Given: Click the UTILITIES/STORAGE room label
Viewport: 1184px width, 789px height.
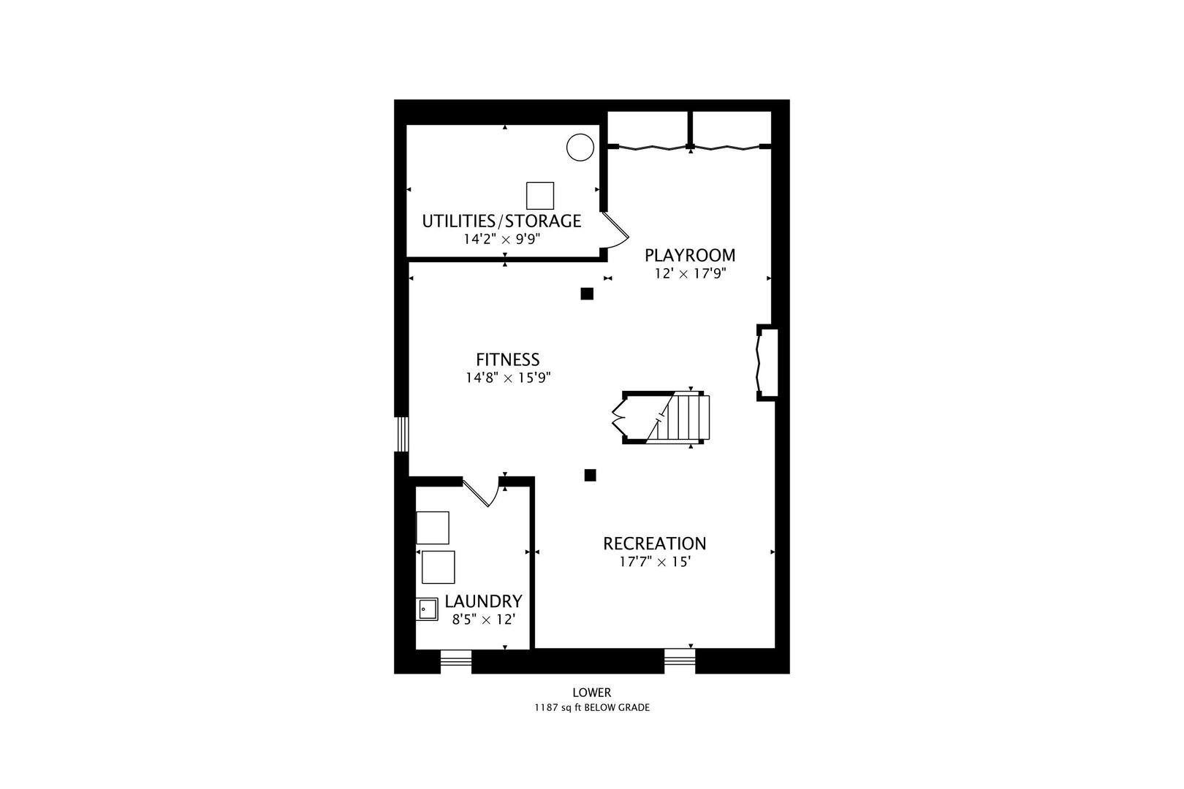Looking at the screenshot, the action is tap(501, 221).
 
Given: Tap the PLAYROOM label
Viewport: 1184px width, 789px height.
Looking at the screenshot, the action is tap(690, 255).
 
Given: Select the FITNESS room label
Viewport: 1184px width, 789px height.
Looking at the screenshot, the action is tap(507, 360).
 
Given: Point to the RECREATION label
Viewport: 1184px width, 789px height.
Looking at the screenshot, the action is tap(654, 544).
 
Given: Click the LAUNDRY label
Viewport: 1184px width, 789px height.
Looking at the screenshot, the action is tap(483, 601).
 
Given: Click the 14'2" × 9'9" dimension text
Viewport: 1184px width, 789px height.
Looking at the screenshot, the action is tap(501, 240).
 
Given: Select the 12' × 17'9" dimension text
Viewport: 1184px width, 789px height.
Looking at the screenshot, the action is tap(691, 274).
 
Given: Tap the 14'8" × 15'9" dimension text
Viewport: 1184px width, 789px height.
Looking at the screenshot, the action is tap(508, 378).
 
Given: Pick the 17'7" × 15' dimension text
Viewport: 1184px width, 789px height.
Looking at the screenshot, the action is tap(655, 562).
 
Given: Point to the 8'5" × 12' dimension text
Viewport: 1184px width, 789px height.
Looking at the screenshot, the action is tap(483, 620).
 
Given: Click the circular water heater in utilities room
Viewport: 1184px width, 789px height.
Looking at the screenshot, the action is tap(580, 147).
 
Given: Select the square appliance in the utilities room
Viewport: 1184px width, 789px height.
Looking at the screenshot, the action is tap(539, 196).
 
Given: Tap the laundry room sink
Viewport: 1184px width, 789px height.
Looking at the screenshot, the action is tap(427, 609).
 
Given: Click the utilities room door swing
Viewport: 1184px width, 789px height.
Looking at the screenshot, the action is tap(615, 230).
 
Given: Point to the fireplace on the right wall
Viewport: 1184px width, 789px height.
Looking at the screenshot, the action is tap(767, 363).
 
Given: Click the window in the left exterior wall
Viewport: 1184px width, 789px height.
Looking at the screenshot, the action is tap(402, 435).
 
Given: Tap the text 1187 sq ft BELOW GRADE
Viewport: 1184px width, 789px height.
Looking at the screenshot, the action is tap(591, 708).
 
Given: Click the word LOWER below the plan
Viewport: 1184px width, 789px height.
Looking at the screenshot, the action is tap(591, 693).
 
